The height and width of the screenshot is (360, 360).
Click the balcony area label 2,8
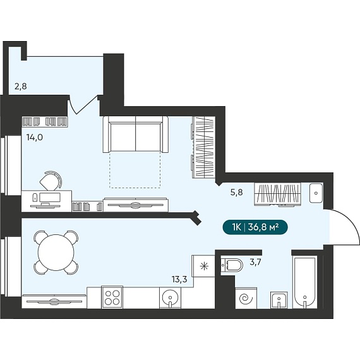(21, 87)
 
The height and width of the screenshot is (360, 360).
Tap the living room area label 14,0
(35, 137)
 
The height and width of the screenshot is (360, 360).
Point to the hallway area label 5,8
(236, 192)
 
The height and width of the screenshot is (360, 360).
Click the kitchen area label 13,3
(179, 279)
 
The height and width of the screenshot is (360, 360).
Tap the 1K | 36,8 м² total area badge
(255, 227)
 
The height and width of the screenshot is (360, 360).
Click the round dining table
(56, 252)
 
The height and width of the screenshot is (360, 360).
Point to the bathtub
(304, 283)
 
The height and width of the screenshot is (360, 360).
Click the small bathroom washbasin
(279, 300)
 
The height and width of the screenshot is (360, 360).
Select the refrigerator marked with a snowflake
(203, 266)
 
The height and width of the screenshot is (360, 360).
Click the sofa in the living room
(135, 134)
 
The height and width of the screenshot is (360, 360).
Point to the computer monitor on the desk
(50, 198)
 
